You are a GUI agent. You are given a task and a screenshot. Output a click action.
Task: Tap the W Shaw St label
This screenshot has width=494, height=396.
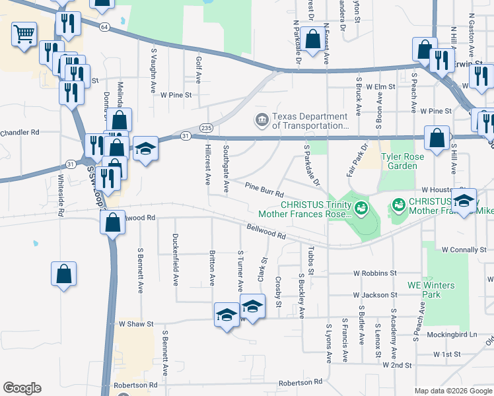pos(135,324)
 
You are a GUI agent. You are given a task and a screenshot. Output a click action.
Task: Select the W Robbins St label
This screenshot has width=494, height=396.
pos(374,273)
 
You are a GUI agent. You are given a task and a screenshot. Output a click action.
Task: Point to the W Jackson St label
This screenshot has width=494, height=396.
pos(374,295)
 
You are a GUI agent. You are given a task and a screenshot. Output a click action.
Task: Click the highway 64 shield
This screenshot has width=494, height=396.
pos(105,27)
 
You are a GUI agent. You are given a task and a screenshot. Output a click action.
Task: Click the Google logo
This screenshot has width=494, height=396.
pos(22,387)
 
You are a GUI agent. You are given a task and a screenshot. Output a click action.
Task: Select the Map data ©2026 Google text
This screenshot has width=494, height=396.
pos(452,391)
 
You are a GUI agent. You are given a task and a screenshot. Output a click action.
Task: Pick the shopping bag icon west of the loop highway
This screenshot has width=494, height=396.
pos(63,273)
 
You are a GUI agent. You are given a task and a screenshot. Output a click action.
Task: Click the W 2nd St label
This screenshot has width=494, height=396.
pos(397,364)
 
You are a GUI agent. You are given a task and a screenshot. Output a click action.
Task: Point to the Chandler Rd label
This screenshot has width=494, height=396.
pos(20,132)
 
